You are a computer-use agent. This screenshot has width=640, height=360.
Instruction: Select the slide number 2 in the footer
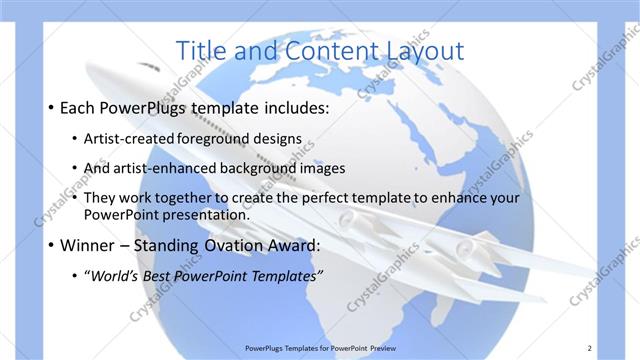[590, 348]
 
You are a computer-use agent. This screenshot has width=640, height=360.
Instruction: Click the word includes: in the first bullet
[291, 107]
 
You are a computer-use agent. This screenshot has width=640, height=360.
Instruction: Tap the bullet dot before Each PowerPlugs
[50, 107]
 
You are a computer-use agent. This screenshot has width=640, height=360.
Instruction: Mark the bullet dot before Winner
[50, 245]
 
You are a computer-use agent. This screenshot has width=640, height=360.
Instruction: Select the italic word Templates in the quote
[284, 276]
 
